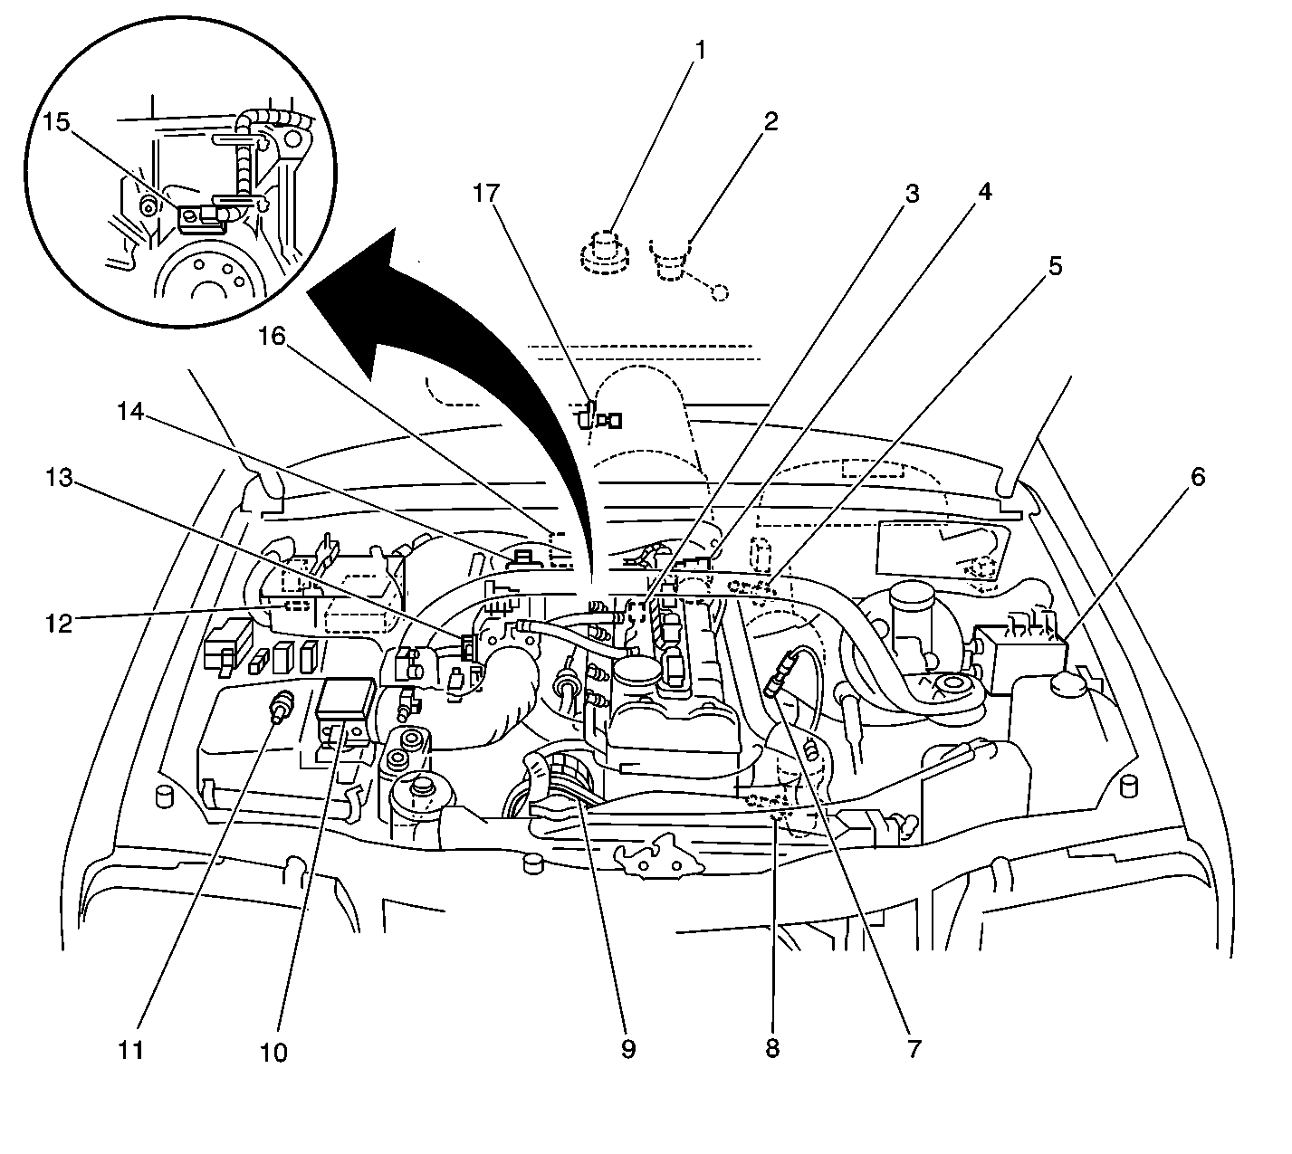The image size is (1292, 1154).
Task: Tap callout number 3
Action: coord(911,194)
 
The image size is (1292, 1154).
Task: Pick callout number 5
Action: coord(1054,267)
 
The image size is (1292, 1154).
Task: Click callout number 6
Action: coord(1197,477)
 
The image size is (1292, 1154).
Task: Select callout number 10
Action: coord(274,1052)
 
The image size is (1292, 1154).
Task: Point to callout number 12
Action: coord(60,623)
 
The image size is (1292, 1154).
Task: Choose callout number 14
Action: coord(130,410)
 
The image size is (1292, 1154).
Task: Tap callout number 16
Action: coord(273,338)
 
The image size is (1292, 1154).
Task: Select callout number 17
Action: coord(487,194)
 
